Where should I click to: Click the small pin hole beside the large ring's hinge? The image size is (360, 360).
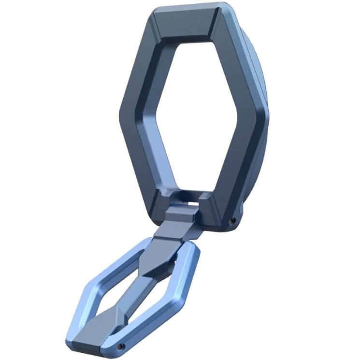[x=232, y=220]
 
